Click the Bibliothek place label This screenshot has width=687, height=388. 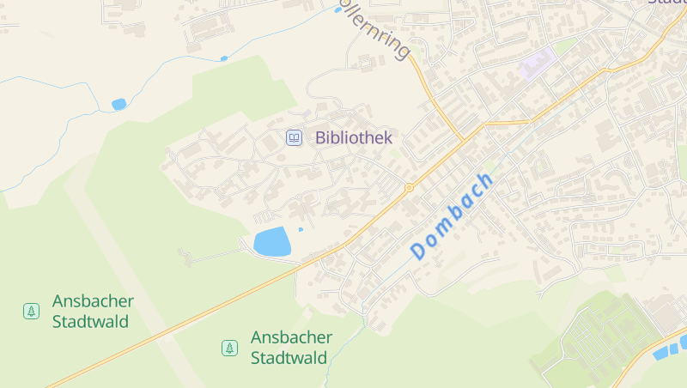[x=353, y=137]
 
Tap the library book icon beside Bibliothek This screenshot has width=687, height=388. [x=294, y=137]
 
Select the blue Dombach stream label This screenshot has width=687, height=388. [x=453, y=216]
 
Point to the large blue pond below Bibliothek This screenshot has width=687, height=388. [x=272, y=242]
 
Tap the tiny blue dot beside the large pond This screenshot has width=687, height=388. [x=301, y=229]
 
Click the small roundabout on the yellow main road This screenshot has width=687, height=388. [x=409, y=186]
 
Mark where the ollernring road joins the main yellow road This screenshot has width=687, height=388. [x=464, y=140]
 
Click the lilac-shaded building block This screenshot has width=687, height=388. [x=537, y=64]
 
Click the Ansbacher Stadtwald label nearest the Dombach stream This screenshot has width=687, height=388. [x=291, y=348]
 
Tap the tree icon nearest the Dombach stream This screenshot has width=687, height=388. [x=229, y=348]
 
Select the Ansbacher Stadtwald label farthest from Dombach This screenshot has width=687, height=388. [x=93, y=312]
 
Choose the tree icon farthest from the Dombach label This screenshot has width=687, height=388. [x=31, y=311]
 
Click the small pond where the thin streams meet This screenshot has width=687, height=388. [x=119, y=104]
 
